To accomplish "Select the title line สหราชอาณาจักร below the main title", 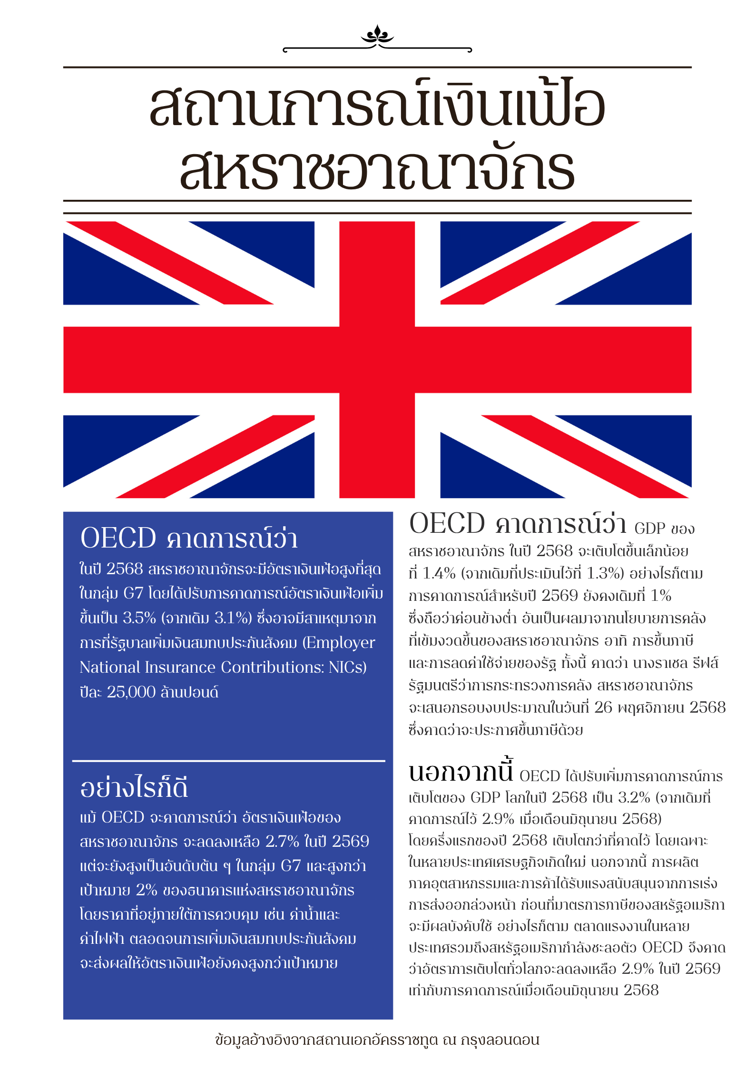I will coord(377,169).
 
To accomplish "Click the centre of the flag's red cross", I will coord(377,360).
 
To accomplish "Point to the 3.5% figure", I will coord(139,618).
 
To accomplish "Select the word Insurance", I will coord(180,667).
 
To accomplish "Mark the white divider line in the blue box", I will coord(228,761).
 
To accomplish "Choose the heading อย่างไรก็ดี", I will coord(134,788).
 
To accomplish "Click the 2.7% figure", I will coord(282,842).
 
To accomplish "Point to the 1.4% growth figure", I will coord(439,573).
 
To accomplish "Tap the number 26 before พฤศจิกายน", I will coord(603,707).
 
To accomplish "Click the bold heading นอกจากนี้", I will coord(461,772).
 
